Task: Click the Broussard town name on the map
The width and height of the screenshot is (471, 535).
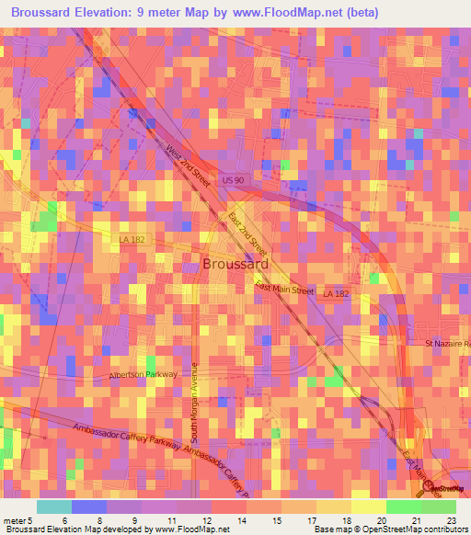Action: pos(235,264)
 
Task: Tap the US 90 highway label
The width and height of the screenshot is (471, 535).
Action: pos(232,182)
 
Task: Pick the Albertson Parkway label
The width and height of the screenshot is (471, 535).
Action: pos(143,374)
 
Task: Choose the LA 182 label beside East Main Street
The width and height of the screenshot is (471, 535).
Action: pos(336,294)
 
